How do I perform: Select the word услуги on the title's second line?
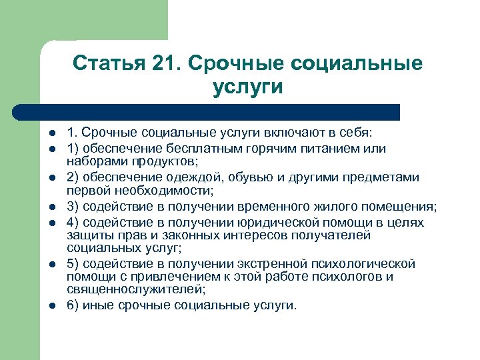(248, 87)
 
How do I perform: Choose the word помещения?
(401, 205)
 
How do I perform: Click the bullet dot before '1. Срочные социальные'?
(51, 133)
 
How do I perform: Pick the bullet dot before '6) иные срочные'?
(51, 305)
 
